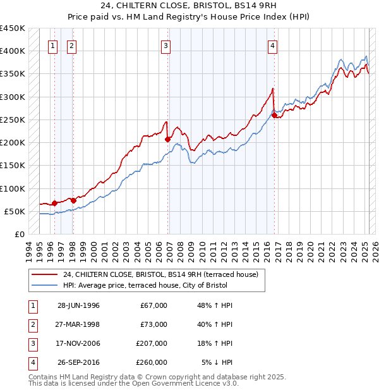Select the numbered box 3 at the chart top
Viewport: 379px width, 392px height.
165,46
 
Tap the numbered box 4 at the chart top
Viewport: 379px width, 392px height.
272,46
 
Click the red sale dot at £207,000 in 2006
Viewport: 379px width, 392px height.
168,139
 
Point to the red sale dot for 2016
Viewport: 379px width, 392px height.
275,115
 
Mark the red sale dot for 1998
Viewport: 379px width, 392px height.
73,200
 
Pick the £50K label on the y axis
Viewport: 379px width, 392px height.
15,211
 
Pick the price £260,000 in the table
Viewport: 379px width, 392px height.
152,362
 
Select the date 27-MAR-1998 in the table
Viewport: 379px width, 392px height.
78,324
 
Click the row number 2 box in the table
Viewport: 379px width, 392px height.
32,324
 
